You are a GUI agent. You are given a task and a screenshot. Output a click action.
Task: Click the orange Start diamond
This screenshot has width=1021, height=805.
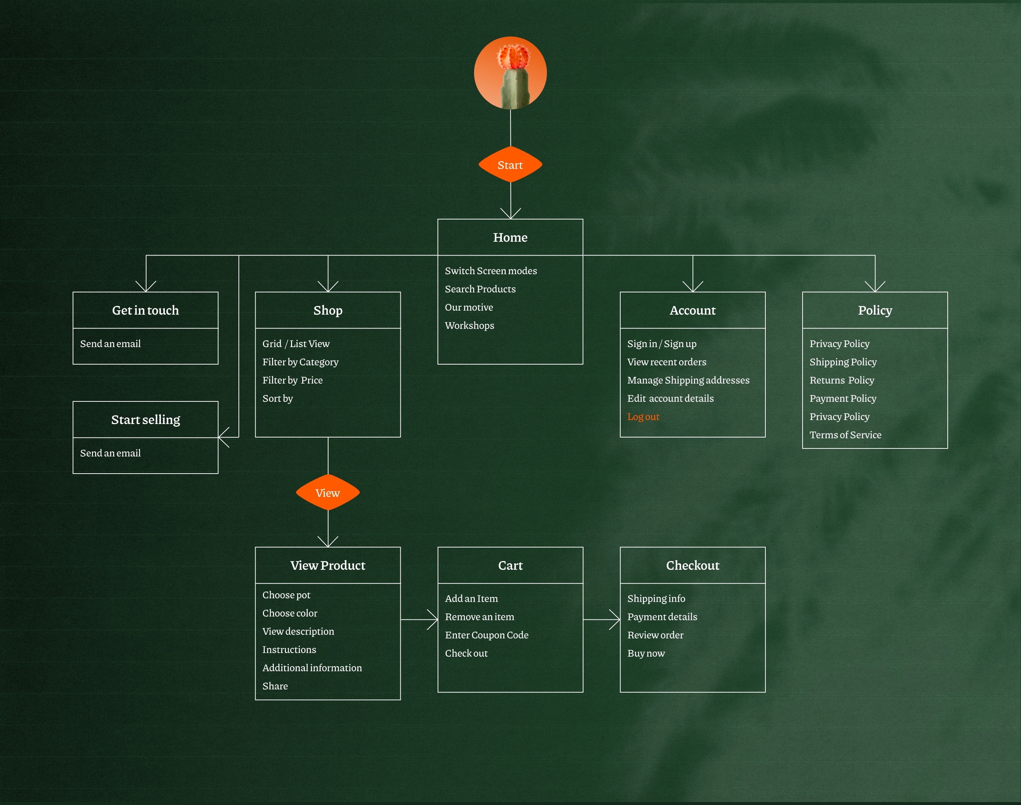point(510,164)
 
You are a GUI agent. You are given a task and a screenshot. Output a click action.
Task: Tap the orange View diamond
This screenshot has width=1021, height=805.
point(327,493)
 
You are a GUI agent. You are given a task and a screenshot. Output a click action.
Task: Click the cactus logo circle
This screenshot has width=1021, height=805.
point(510,73)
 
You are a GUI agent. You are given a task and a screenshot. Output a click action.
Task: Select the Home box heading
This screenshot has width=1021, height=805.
point(510,237)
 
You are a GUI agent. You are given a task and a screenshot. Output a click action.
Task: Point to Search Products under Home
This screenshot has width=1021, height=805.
point(480,289)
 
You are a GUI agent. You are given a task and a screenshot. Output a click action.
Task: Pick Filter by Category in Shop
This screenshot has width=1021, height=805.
point(300,362)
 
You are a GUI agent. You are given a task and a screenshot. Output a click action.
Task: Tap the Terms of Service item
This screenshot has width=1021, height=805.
point(845,435)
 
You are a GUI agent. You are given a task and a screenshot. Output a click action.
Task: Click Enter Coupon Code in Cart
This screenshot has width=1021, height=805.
point(486,635)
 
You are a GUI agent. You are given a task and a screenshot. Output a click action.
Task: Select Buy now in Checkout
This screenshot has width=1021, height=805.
point(646,653)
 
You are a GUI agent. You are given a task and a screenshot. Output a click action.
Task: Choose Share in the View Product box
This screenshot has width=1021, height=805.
point(275,686)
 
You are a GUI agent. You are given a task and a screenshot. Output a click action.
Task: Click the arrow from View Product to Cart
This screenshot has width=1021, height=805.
point(420,619)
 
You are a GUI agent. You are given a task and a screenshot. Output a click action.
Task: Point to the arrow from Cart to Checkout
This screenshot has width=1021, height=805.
point(602,619)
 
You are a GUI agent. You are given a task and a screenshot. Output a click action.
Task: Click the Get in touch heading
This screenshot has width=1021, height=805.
point(145,310)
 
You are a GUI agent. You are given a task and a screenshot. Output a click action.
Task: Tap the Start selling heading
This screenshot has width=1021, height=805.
point(145,420)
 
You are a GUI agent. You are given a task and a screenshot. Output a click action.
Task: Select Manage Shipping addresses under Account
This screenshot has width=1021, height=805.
point(688,380)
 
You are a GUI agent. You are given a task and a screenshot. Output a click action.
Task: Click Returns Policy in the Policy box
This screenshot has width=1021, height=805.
point(842,380)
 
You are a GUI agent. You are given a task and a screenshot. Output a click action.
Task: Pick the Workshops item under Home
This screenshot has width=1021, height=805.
point(470,326)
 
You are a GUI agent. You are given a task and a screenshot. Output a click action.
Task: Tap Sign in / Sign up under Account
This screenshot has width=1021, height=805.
point(662,343)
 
